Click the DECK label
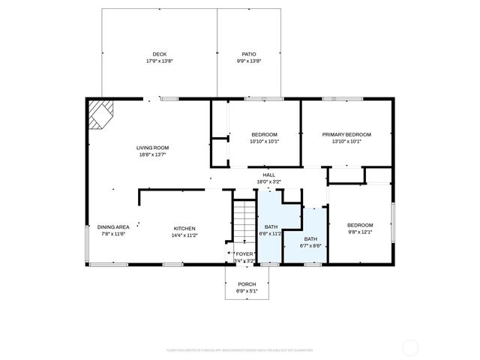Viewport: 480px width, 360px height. point(159,54)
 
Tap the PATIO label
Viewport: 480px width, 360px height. point(249,54)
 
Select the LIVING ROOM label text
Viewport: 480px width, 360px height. point(152,148)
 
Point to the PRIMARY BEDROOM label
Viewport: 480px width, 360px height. point(346,134)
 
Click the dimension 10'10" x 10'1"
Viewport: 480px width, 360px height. point(263,141)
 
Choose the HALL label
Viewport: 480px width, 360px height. point(268,175)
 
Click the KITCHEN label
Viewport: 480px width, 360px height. point(184,229)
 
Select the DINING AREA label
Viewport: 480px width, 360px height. point(113,227)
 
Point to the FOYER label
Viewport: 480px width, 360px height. point(244,253)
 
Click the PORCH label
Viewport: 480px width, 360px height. point(247,284)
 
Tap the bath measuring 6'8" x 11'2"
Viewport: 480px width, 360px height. point(271,230)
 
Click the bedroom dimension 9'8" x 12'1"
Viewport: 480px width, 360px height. point(360,232)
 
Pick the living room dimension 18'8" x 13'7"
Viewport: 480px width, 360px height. point(152,155)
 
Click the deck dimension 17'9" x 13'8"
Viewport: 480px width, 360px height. point(159,61)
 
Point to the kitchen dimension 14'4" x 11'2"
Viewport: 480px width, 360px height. point(184,235)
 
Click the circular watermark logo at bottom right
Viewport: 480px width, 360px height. point(411,347)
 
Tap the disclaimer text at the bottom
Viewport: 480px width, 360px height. point(240,349)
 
